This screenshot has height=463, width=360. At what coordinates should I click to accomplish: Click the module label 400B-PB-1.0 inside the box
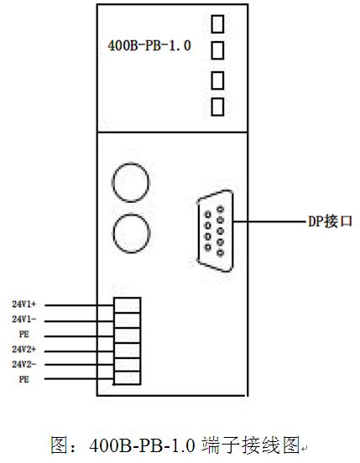pos(149,46)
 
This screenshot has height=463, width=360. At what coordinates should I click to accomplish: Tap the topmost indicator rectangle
pos(217,24)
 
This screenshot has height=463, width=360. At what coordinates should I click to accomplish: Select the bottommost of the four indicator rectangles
pos(217,107)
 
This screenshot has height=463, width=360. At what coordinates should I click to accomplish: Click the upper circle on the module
pos(131,183)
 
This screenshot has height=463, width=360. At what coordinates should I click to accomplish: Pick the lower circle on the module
pos(132,233)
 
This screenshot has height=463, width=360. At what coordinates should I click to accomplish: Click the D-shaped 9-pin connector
pos(216,231)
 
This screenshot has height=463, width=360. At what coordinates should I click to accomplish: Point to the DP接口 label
pos(330,221)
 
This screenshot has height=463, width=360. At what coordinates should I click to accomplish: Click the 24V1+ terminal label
pos(24,304)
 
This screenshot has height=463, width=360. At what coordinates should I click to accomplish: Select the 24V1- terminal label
pos(24,320)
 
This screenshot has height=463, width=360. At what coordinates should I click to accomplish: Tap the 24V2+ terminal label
pos(24,349)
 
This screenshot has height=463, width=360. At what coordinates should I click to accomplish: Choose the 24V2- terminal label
pos(24,364)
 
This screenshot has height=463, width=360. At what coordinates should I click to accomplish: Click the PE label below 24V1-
pos(24,335)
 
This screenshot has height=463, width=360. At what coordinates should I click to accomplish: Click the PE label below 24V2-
pos(24,379)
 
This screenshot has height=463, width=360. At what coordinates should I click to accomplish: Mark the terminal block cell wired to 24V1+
pos(128,305)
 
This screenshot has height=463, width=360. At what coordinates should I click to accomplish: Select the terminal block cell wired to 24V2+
pos(128,351)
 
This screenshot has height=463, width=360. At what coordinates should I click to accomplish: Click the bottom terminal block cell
pos(128,378)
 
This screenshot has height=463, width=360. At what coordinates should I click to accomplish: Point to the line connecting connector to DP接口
pos(269,221)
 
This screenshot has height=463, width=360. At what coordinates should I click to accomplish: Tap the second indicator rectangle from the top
pos(217,50)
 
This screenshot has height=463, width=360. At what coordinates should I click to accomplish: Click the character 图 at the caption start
pos(60,445)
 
